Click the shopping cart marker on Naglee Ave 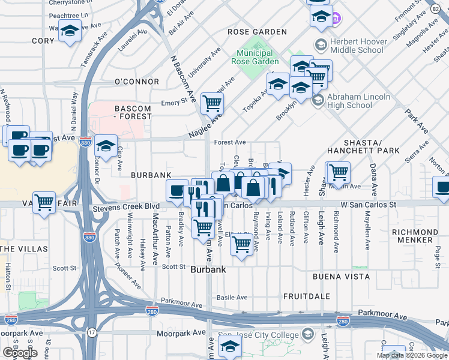[x=212, y=103]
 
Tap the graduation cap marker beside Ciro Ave [x=106, y=146]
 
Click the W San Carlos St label [x=369, y=205]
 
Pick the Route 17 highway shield [x=92, y=332]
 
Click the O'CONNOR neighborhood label [x=137, y=82]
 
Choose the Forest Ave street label [x=230, y=142]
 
